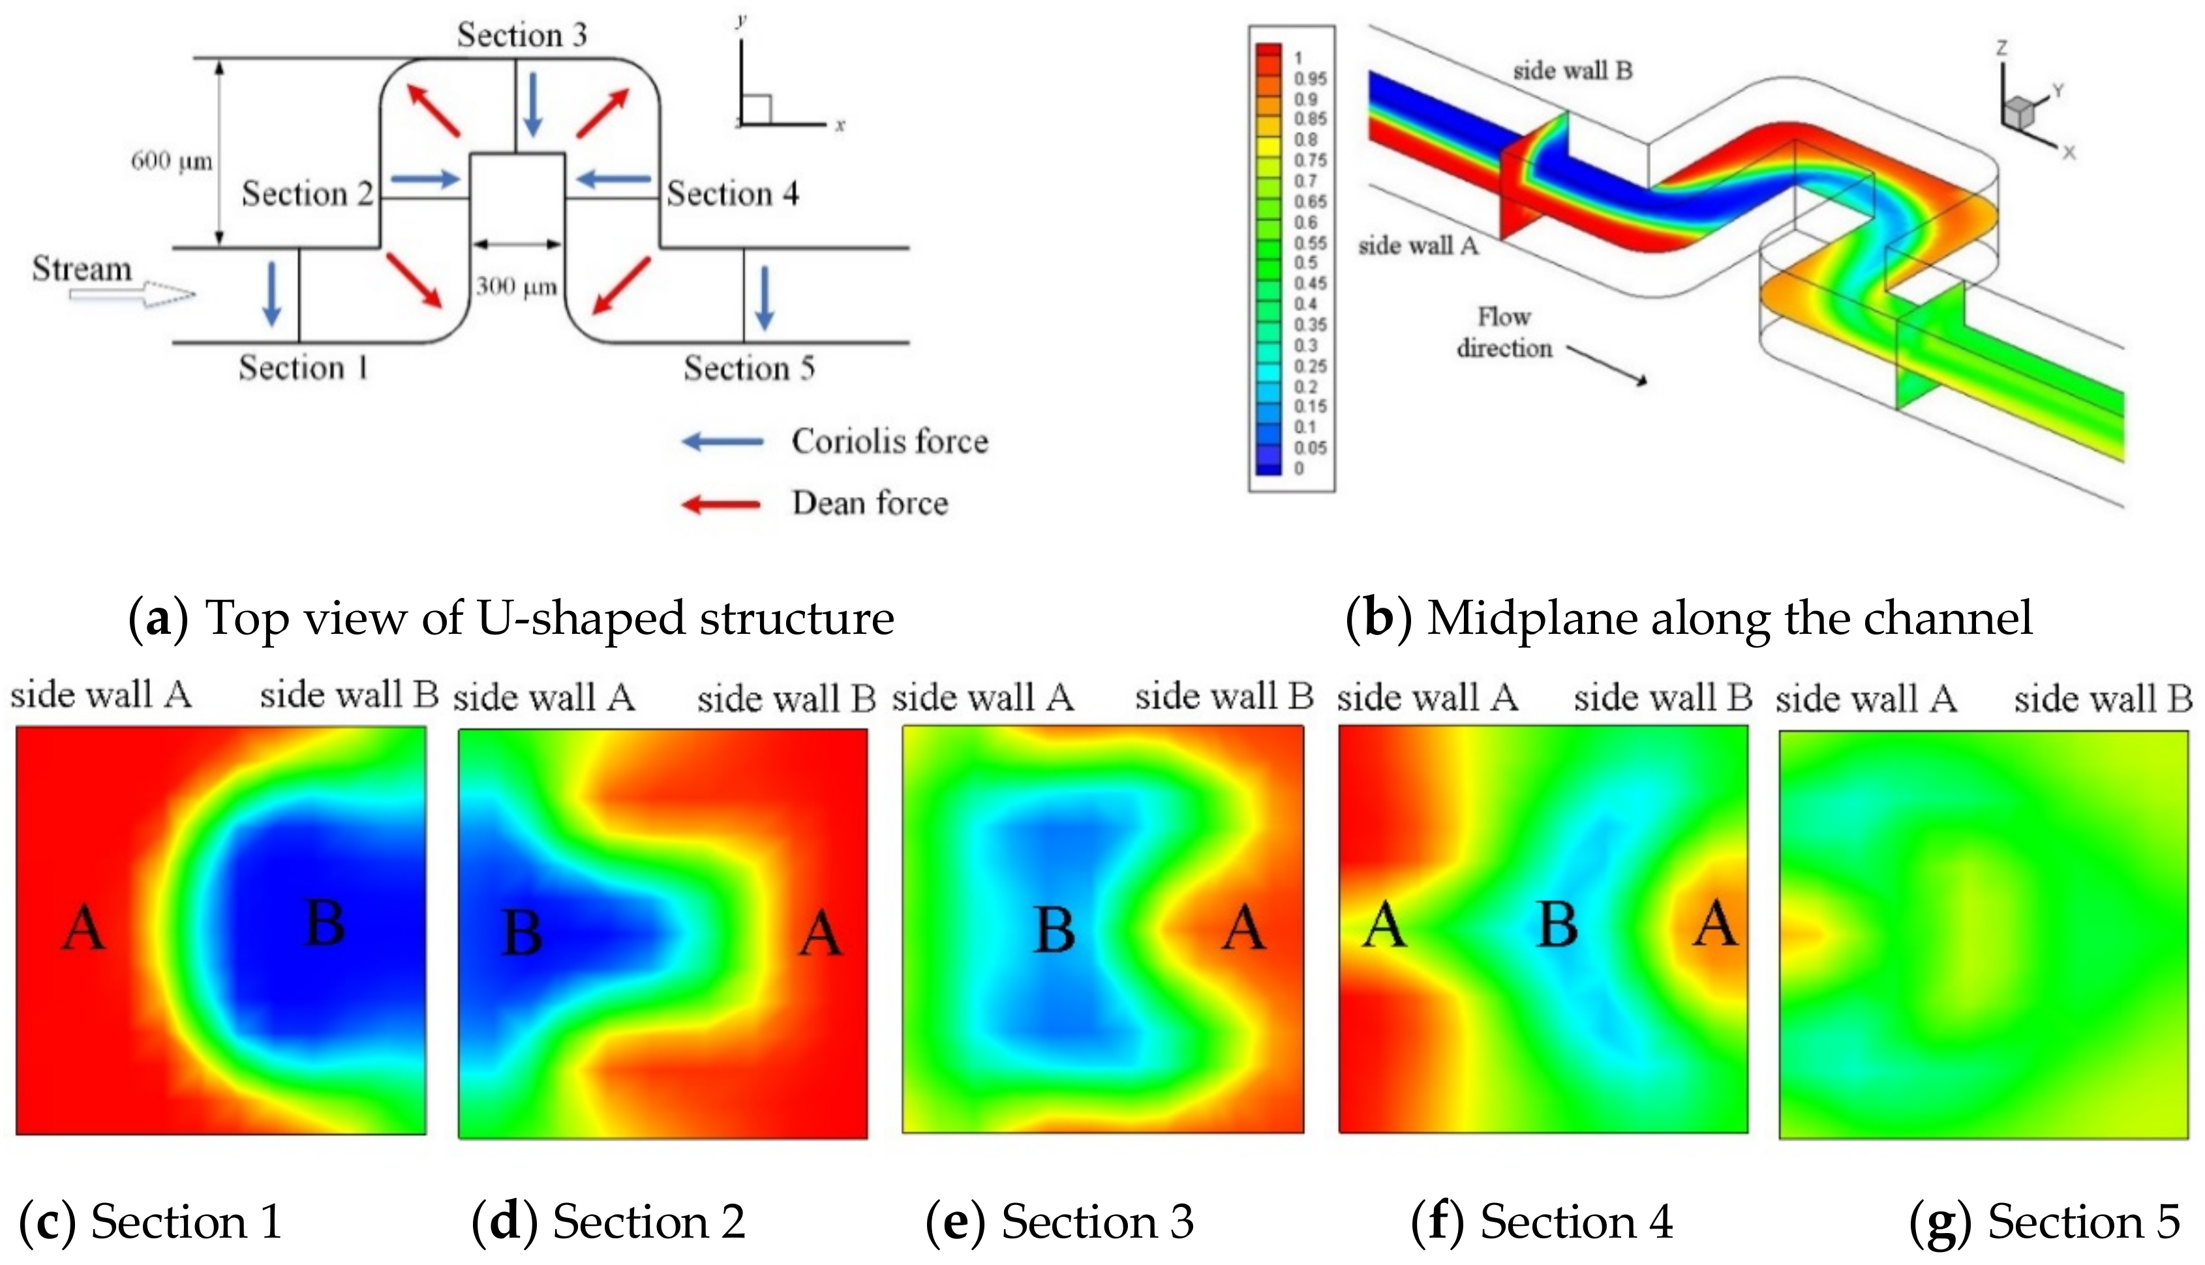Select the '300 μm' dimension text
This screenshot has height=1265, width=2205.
tap(516, 287)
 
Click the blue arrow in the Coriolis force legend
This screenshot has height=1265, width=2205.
tap(723, 441)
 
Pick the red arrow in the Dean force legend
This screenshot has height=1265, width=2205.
tap(722, 504)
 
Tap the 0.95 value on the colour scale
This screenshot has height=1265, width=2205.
tap(1310, 78)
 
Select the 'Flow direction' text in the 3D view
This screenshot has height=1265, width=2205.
tap(1504, 332)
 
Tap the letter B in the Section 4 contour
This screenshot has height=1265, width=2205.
tap(1557, 925)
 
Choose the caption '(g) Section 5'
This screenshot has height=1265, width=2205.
tap(2045, 1221)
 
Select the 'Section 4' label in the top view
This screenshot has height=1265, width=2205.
tap(732, 193)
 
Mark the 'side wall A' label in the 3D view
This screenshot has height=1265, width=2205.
tap(1418, 246)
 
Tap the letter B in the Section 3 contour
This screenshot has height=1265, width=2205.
tap(1054, 930)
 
